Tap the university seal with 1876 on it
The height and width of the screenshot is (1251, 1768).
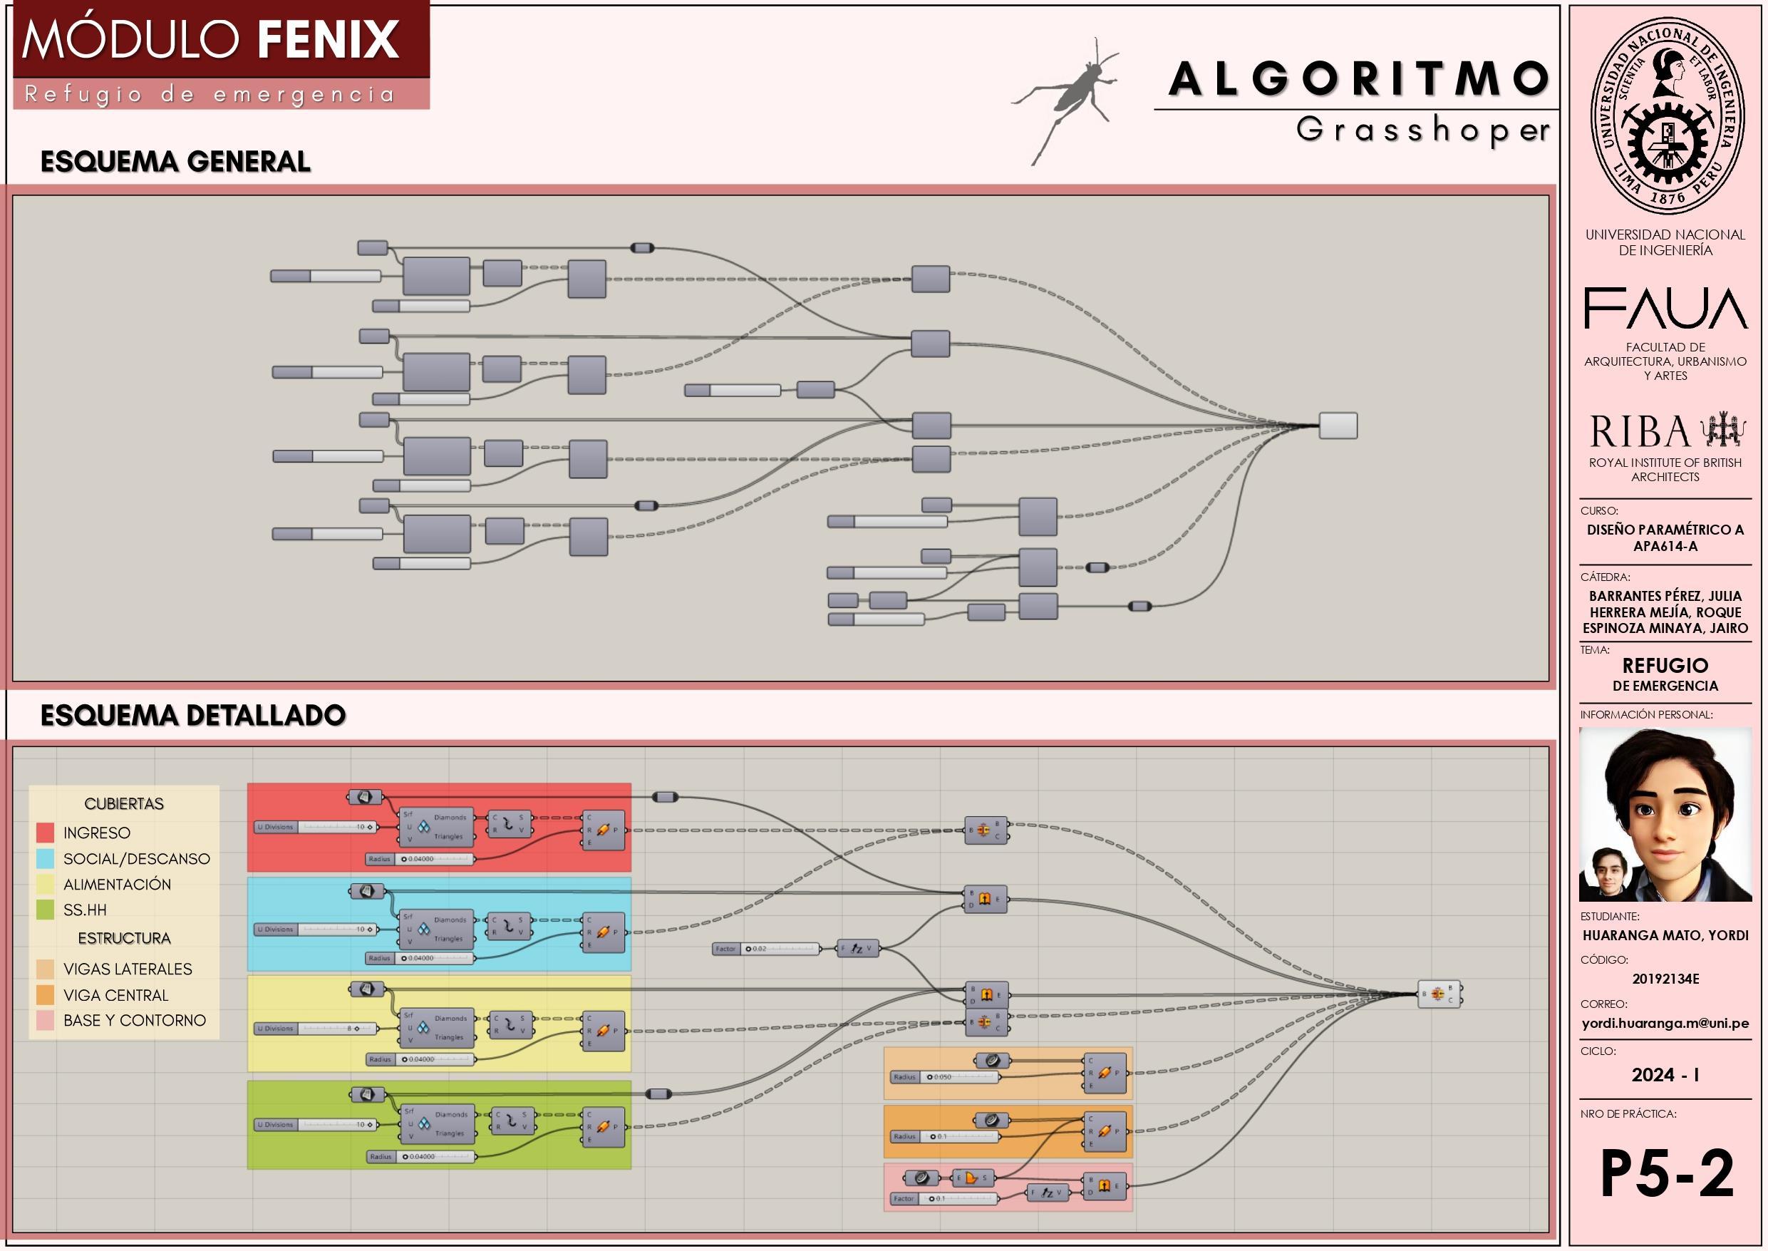[x=1667, y=115]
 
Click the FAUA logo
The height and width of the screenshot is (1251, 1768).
[x=1665, y=308]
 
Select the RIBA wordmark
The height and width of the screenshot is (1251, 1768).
[x=1640, y=432]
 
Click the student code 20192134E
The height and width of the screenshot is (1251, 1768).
[x=1665, y=979]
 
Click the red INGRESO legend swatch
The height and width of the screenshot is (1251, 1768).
[x=46, y=833]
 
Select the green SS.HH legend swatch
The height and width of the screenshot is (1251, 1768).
[x=46, y=910]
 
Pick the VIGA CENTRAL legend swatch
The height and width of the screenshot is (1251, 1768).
[x=46, y=995]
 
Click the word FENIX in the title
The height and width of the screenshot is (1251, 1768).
[x=328, y=40]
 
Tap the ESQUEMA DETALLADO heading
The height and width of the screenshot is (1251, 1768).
[x=192, y=716]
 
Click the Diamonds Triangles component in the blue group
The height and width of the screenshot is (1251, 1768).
[x=436, y=930]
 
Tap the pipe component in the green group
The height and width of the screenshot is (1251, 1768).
[x=604, y=1127]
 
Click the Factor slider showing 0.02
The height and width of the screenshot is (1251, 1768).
[x=766, y=949]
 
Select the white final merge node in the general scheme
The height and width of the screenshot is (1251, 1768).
[x=1338, y=426]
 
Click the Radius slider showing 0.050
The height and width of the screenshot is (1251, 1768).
[x=945, y=1077]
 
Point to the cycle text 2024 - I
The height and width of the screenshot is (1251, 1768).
[x=1665, y=1076]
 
